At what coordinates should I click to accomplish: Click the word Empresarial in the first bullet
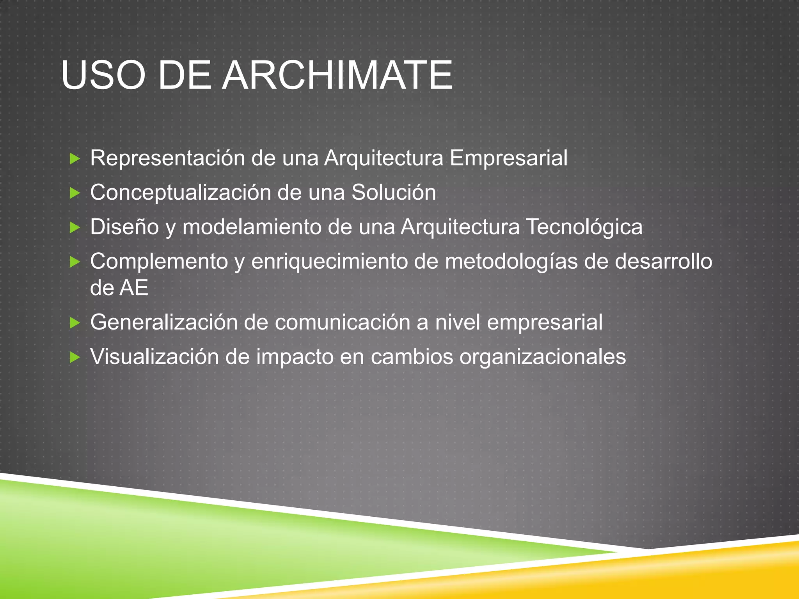pos(508,158)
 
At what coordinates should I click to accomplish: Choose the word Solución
pos(394,193)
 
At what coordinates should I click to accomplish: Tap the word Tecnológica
pos(584,227)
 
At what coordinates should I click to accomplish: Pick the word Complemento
pos(159,261)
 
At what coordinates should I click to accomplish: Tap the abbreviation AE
pos(134,288)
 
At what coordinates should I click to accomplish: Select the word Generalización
pos(163,323)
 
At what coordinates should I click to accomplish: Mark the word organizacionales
pos(542,357)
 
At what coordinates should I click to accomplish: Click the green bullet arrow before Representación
pos(75,159)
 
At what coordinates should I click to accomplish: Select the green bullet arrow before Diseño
pos(75,227)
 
